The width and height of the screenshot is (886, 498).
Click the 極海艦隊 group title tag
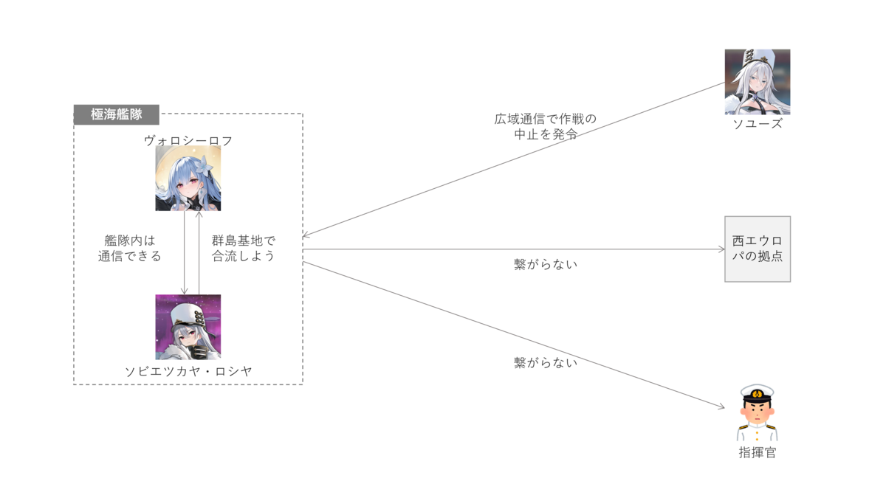[116, 114]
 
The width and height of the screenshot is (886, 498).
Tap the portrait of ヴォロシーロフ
[188, 178]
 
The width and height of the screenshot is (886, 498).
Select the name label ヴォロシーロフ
[188, 139]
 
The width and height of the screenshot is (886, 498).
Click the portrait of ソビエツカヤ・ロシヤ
[188, 327]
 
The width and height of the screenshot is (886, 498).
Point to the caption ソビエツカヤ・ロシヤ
[188, 371]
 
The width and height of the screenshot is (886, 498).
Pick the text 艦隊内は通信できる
[130, 249]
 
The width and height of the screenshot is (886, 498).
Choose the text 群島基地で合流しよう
[244, 249]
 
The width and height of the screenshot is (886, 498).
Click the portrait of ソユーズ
[758, 82]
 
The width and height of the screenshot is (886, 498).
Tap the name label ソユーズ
[758, 124]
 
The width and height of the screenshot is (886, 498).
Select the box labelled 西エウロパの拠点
[758, 249]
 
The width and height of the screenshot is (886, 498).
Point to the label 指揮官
[758, 452]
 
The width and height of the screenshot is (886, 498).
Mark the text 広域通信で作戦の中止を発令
[545, 125]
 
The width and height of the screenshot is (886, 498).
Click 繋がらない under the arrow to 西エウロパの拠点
[546, 263]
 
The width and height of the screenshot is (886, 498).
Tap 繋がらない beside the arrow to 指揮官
[546, 362]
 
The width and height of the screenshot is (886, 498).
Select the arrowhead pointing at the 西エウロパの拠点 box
[721, 249]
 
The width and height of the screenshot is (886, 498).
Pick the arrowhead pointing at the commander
[721, 407]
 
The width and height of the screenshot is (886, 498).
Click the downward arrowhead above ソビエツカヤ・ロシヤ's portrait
[185, 291]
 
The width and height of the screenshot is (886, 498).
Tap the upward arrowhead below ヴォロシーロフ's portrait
[199, 215]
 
